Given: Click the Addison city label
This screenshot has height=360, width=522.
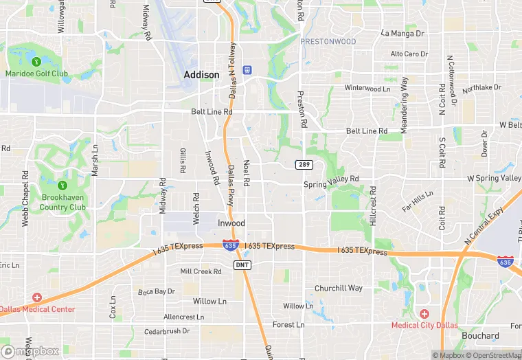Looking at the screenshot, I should [201, 74].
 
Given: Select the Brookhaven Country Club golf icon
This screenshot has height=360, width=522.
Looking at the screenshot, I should [63, 185].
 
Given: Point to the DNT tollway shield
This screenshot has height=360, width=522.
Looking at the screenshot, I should [241, 265].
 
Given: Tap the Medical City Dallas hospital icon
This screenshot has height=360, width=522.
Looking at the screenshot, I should [424, 313].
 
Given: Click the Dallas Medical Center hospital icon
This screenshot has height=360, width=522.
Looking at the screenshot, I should [36, 297].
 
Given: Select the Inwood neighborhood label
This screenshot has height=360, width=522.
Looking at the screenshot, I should [231, 223].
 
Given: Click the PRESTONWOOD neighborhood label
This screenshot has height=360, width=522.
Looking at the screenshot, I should [328, 42].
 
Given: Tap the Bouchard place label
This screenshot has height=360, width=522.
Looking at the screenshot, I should [481, 336].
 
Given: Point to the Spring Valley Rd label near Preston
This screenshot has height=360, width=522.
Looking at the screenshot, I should [331, 179].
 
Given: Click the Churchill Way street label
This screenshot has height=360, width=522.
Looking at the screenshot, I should [338, 288].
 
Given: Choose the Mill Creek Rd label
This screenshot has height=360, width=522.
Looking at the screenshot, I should [201, 271].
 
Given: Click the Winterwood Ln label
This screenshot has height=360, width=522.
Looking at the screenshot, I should [367, 88].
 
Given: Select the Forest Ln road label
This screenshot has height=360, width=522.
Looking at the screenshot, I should [288, 324].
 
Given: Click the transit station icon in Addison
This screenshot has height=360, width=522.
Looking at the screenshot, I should [247, 70].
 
